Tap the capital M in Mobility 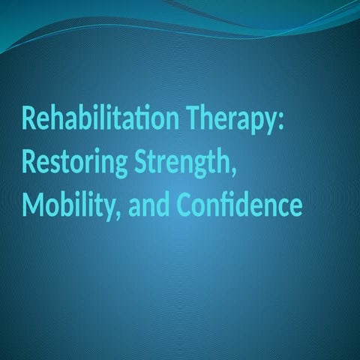click(x=31, y=204)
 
